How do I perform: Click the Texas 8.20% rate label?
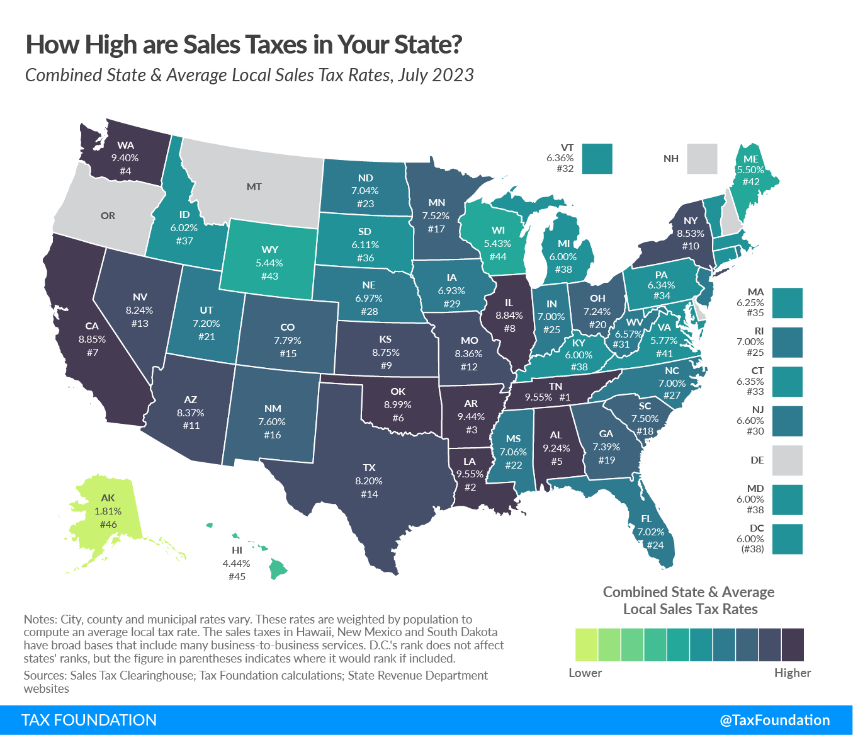369,481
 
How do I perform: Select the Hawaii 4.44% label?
236,564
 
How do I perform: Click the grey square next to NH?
701,159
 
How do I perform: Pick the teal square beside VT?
597,159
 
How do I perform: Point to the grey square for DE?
787,460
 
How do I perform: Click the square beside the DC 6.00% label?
787,539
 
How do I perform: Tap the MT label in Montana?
254,187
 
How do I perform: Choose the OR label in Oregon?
108,216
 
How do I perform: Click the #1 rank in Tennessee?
564,397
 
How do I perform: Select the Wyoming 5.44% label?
269,263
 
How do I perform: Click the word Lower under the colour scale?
585,673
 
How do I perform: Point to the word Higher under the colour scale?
792,673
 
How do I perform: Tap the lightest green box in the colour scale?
586,644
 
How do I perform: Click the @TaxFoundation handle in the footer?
774,720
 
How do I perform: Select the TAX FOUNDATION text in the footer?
89,720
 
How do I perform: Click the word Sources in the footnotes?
45,675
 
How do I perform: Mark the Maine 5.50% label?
750,170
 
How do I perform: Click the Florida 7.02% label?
650,532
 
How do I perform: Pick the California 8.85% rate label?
92,339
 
